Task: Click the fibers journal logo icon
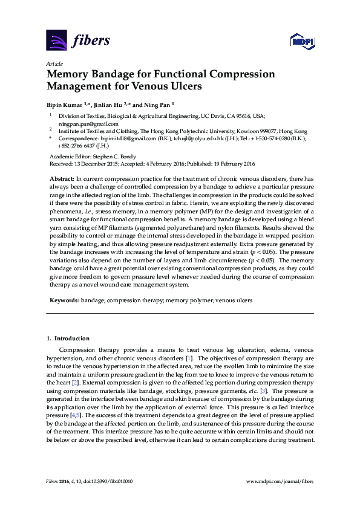click(56, 41)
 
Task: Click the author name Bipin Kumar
click(65, 103)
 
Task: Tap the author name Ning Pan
click(157, 103)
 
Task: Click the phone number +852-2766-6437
click(76, 146)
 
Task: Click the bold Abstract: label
click(61, 180)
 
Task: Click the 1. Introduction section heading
click(69, 337)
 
